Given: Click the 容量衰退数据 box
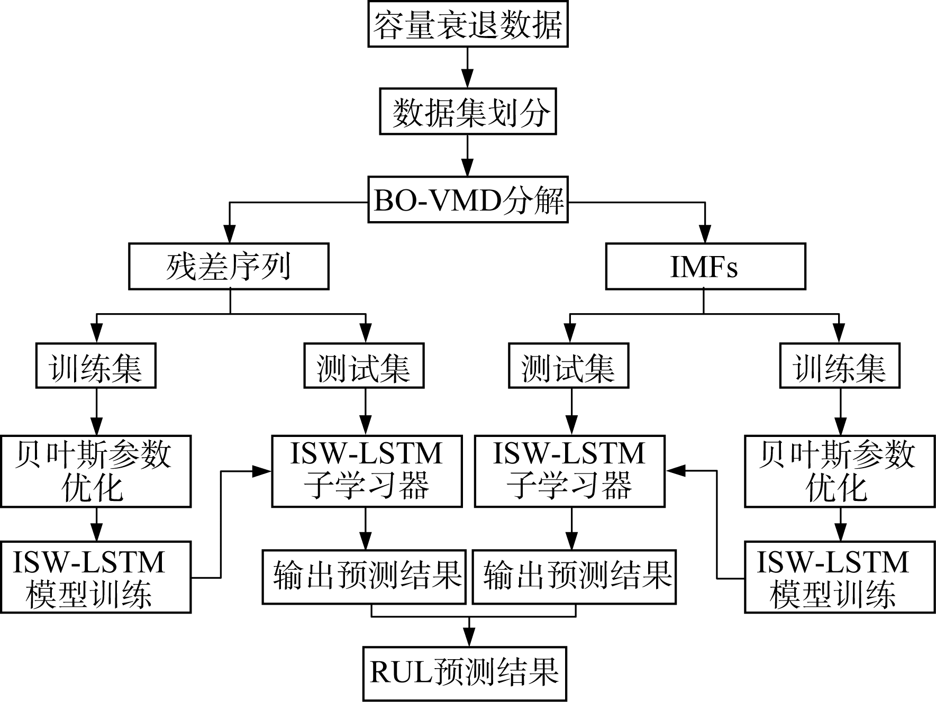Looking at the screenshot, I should [468, 24].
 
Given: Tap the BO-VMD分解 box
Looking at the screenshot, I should [468, 200].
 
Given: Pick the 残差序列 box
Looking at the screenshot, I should [229, 266].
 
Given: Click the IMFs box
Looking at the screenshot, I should [705, 266].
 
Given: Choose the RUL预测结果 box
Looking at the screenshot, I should [465, 673].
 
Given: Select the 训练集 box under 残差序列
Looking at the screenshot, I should [96, 366].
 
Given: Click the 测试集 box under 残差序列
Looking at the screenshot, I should [364, 366].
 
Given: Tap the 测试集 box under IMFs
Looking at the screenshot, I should [569, 366].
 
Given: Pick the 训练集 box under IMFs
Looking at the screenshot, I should [840, 366].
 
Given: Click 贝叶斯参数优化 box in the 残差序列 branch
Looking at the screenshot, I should [95, 471].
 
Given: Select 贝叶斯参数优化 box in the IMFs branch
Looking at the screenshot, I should [840, 471].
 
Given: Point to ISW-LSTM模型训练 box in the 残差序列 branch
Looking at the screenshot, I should [95, 577].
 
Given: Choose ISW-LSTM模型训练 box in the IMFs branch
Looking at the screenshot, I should [840, 577].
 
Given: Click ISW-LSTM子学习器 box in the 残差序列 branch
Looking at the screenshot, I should [367, 471].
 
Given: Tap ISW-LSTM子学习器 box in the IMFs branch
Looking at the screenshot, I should [570, 471].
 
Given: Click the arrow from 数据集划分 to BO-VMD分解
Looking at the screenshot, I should [468, 156].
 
